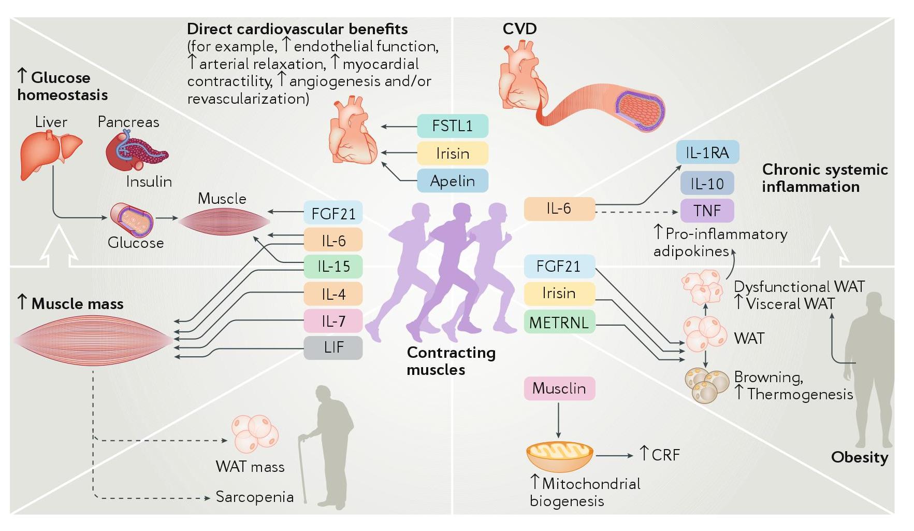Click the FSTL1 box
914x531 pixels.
[x=452, y=126]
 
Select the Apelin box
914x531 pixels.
[x=452, y=180]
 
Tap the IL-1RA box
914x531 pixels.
[x=707, y=152]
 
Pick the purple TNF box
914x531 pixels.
[x=707, y=211]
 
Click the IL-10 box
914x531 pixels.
[x=707, y=183]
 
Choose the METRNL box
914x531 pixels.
[x=559, y=323]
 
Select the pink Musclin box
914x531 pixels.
[x=559, y=388]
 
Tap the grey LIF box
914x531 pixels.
[x=333, y=347]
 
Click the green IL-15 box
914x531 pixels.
[x=333, y=267]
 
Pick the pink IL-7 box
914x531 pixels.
[x=333, y=321]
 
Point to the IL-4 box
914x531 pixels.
[x=333, y=294]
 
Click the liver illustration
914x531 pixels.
[x=50, y=154]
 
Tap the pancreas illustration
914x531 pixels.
[x=136, y=152]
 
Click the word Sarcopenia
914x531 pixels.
[x=254, y=497]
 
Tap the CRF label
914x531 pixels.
[x=665, y=455]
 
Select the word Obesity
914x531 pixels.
[x=859, y=457]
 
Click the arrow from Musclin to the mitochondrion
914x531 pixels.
[x=558, y=420]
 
